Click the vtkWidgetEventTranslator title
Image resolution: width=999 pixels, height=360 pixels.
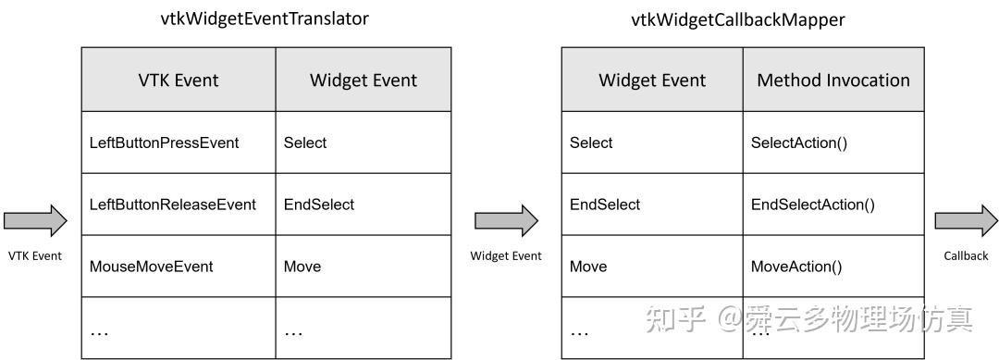click(x=265, y=19)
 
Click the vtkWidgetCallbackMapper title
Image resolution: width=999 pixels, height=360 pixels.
click(x=737, y=19)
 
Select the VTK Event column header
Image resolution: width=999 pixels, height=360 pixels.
click(x=178, y=80)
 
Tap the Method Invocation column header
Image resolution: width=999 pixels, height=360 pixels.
click(x=832, y=80)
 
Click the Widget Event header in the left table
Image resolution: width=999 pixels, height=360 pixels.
click(x=363, y=80)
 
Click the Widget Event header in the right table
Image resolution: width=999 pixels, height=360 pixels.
click(x=652, y=80)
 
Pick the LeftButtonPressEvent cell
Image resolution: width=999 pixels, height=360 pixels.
click(x=164, y=143)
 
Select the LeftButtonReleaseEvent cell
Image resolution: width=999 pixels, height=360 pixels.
click(x=172, y=205)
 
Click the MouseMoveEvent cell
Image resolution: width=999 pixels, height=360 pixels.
click(x=151, y=267)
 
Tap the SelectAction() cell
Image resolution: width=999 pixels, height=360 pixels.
click(x=799, y=143)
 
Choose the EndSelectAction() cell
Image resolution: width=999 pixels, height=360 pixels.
click(x=812, y=205)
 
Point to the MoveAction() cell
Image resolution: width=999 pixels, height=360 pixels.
click(x=796, y=267)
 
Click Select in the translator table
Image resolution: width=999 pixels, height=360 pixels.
click(x=305, y=143)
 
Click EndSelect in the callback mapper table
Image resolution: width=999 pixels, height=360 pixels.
click(x=605, y=205)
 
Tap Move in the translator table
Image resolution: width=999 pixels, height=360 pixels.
click(x=302, y=267)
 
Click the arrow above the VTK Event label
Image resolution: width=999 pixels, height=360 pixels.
click(x=35, y=220)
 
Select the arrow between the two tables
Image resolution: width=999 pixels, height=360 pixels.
click(x=506, y=220)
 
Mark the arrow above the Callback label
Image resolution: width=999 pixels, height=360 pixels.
click(x=966, y=220)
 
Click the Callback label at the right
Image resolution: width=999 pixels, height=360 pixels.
click(x=966, y=255)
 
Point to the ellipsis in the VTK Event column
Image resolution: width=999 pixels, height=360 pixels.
click(x=99, y=330)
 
